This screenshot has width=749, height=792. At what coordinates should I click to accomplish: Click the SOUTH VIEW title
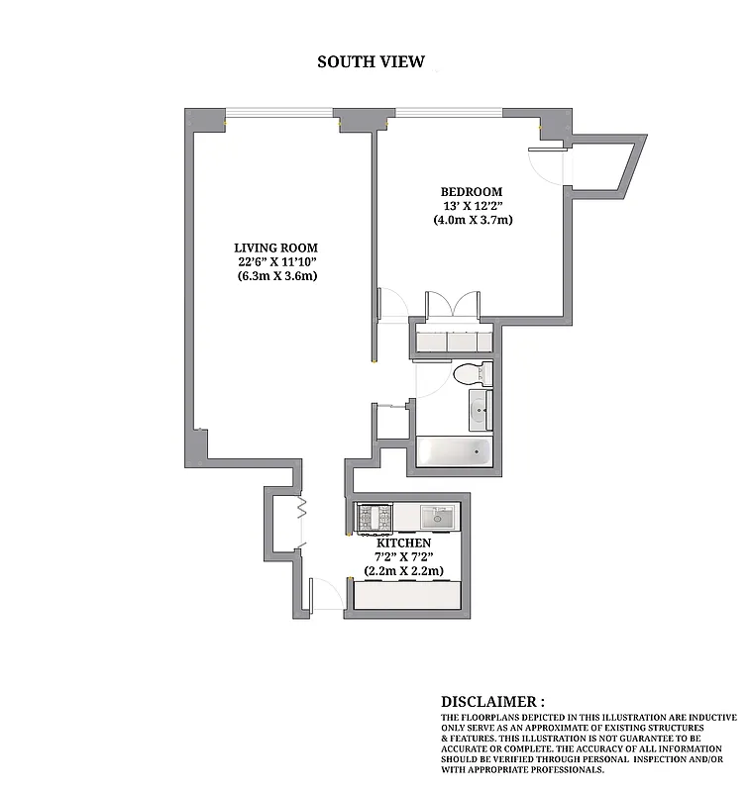[371, 61]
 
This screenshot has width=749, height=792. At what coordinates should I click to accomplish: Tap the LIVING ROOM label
[276, 247]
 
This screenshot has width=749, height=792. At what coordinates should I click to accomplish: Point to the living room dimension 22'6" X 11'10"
[276, 261]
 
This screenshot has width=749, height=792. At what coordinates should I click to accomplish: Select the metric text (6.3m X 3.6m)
[276, 276]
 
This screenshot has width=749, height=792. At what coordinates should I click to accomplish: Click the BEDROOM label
[471, 191]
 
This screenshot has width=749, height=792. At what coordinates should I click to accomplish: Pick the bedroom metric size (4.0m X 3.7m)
[473, 220]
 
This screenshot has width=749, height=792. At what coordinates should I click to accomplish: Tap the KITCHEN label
[403, 544]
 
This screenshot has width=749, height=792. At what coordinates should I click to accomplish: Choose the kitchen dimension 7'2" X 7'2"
[403, 557]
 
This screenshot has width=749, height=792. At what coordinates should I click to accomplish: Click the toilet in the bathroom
[470, 375]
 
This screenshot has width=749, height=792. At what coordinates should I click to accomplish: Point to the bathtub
[453, 453]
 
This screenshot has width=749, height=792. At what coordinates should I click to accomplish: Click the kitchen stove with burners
[374, 517]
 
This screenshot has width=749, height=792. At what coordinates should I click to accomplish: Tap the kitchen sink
[437, 516]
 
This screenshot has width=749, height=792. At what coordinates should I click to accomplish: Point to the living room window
[278, 113]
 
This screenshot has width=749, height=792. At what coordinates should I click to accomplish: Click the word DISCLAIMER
[492, 701]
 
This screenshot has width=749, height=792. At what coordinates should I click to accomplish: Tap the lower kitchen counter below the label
[407, 595]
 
